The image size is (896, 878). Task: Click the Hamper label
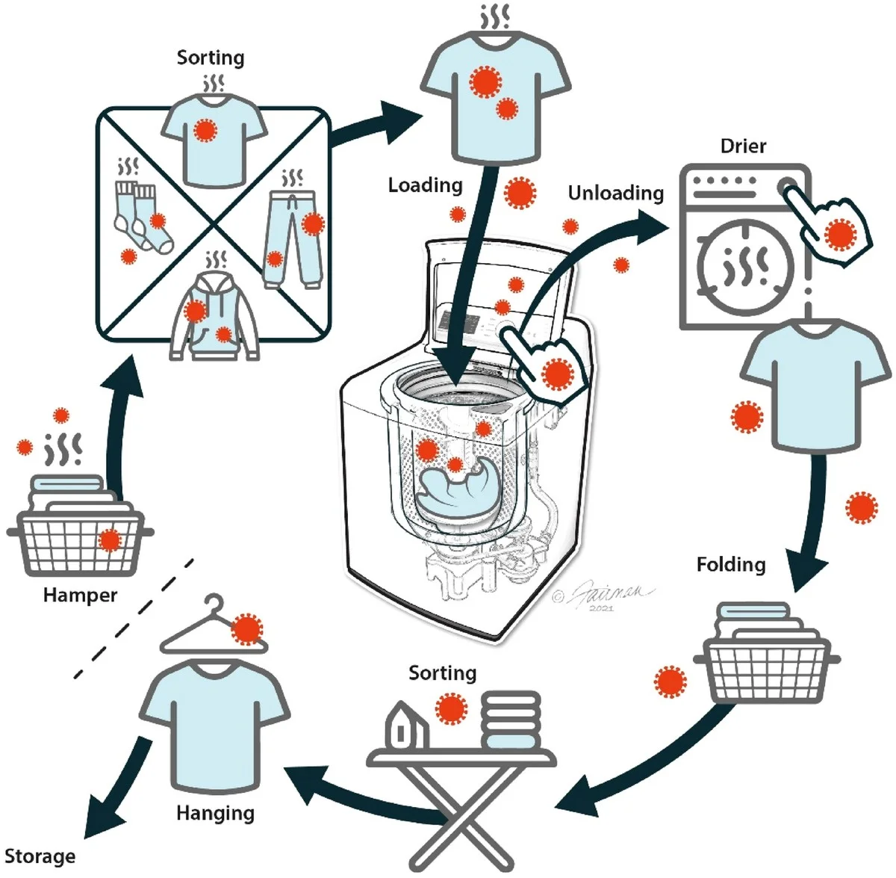coord(80,596)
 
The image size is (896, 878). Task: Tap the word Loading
coord(425,185)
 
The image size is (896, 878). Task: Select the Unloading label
coord(615,193)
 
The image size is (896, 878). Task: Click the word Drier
coord(743,146)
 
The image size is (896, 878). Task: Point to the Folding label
coord(731,564)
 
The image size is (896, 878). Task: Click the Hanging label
coord(215,813)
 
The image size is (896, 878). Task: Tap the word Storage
coord(40,856)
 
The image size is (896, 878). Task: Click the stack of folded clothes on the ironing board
coord(511,721)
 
